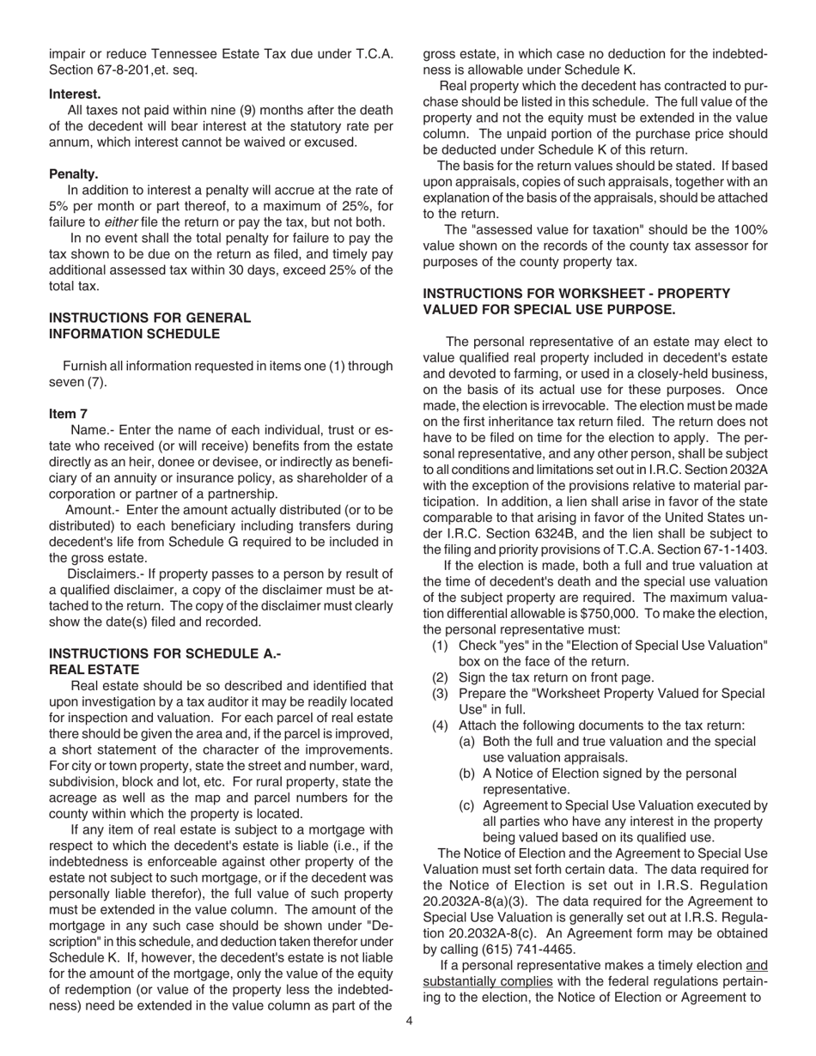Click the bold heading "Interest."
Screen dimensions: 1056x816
(75, 93)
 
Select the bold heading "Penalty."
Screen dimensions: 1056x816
(73, 173)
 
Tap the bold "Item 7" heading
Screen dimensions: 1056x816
(68, 413)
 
